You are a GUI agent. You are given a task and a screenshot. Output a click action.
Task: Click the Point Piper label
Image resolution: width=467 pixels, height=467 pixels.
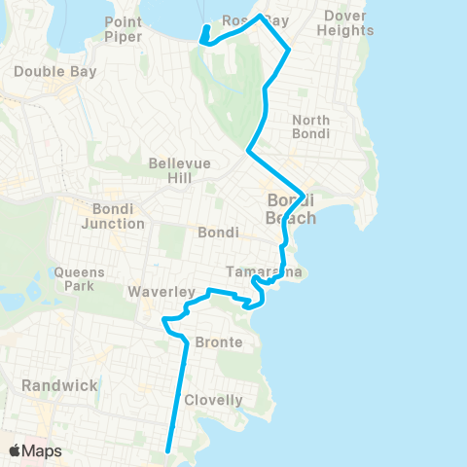[x=124, y=29]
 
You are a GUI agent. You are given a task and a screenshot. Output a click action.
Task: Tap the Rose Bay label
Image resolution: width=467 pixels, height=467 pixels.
[x=256, y=20]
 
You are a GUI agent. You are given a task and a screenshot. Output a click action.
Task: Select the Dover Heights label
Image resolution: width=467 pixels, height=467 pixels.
[x=346, y=22]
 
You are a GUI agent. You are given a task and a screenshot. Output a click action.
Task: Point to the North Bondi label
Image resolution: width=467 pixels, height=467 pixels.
[x=310, y=126]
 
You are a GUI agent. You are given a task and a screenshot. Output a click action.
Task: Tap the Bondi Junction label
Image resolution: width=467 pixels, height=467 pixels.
[x=118, y=216]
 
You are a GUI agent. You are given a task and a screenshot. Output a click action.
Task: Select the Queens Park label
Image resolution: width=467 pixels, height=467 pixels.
[x=80, y=279]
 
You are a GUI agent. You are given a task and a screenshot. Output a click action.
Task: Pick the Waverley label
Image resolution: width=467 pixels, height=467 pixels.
[x=152, y=292]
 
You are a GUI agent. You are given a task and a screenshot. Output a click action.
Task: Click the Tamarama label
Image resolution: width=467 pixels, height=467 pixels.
[x=264, y=271]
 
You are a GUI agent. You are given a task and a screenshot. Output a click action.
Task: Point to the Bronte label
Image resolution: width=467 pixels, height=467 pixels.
[x=218, y=342]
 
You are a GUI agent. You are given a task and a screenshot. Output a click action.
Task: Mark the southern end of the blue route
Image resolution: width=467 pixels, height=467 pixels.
[x=169, y=450]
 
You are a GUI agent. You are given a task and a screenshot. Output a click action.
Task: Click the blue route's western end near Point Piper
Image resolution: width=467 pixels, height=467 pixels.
[x=202, y=42]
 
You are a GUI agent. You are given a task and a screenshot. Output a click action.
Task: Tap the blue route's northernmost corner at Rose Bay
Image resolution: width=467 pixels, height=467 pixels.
[x=260, y=16]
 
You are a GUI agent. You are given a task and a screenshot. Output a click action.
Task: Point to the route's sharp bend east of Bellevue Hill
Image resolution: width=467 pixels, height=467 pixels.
[x=249, y=152]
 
